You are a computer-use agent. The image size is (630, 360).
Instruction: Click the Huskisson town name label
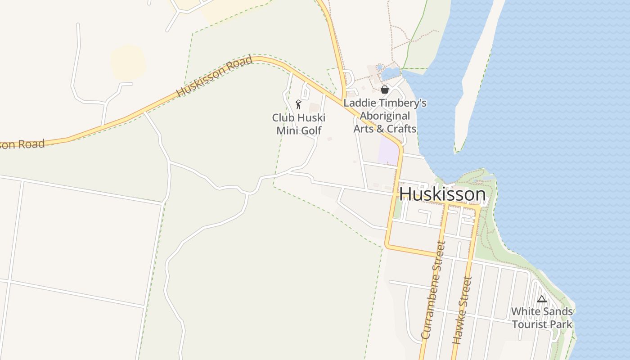click(442, 194)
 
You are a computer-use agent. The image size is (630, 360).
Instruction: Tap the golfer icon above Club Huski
click(298, 104)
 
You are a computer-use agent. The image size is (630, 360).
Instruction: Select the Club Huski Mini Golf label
click(299, 124)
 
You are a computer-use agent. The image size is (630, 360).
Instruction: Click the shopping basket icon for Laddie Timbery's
click(384, 90)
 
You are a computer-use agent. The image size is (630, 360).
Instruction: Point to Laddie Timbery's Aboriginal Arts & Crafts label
click(385, 116)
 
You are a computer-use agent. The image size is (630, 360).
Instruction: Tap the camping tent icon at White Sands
click(541, 299)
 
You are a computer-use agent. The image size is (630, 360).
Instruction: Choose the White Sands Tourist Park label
click(542, 318)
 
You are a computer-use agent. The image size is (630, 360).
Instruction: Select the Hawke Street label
click(463, 310)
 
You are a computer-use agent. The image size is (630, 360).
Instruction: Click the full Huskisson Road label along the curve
click(214, 76)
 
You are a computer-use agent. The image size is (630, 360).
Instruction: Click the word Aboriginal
click(385, 116)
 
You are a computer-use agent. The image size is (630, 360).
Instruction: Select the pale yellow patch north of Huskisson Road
click(128, 61)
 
